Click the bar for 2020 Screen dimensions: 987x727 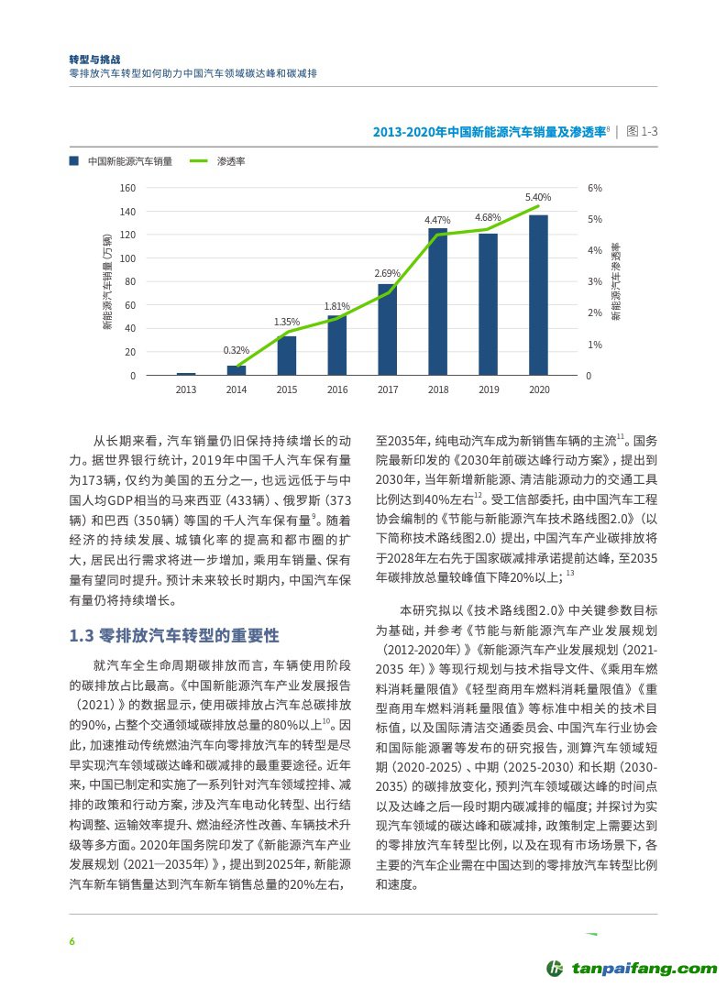[x=538, y=295]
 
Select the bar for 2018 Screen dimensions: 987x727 [x=438, y=302]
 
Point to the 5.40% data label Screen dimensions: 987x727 [x=538, y=198]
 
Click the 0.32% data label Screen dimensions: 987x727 [x=237, y=351]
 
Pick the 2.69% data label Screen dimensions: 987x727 [x=388, y=273]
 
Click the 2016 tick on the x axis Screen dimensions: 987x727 [x=337, y=389]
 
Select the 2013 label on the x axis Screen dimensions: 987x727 [x=186, y=389]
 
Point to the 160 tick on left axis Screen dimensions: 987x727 [x=127, y=188]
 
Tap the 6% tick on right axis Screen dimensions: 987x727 [x=595, y=188]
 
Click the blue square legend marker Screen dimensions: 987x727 [x=73, y=161]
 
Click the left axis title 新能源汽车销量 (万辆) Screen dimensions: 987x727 [x=107, y=282]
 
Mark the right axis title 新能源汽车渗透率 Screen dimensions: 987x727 [x=616, y=282]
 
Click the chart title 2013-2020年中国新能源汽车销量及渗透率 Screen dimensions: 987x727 [x=490, y=132]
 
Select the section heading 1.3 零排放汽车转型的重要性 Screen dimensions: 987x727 [x=174, y=636]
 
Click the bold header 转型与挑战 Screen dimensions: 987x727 [x=95, y=56]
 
